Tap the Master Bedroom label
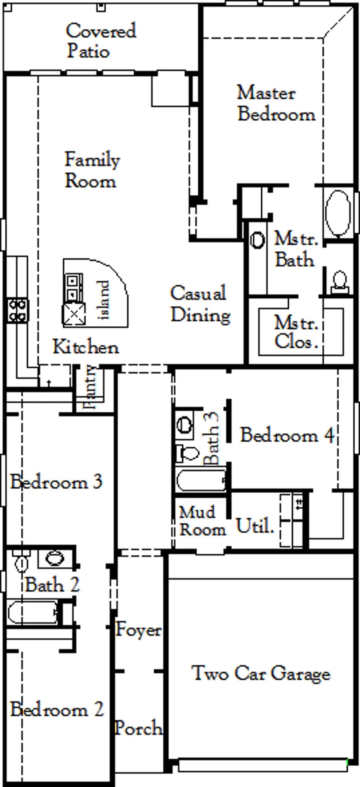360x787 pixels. pyautogui.click(x=276, y=103)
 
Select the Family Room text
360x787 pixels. pyautogui.click(x=92, y=170)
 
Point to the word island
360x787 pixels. pyautogui.click(x=104, y=300)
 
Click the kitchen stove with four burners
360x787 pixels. pyautogui.click(x=17, y=310)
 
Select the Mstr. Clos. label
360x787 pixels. pyautogui.click(x=296, y=332)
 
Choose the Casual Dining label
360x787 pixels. pyautogui.click(x=200, y=304)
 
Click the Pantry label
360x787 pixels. pyautogui.click(x=90, y=387)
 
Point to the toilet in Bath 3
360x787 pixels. pyautogui.click(x=188, y=453)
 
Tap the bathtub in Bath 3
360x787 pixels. pyautogui.click(x=202, y=480)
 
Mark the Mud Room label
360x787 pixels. pyautogui.click(x=202, y=521)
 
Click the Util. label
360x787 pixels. pyautogui.click(x=255, y=525)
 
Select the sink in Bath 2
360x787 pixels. pyautogui.click(x=55, y=559)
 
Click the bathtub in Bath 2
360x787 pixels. pyautogui.click(x=33, y=612)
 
